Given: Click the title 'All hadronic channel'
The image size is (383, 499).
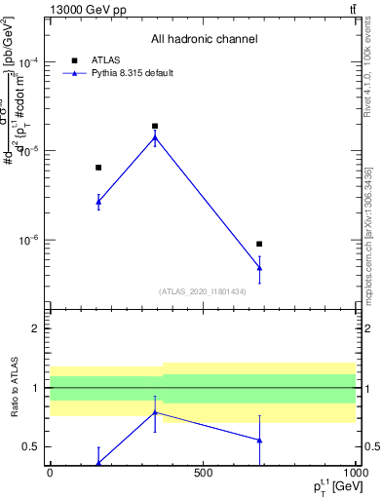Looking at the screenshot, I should coord(204,40).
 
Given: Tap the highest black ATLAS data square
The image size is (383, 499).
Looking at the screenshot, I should coord(155,126).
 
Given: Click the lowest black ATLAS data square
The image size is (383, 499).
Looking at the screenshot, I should coord(259,244).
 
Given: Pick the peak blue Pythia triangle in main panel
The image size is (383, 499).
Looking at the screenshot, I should coord(155,137).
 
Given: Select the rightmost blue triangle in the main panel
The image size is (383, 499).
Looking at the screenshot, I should coord(259,267).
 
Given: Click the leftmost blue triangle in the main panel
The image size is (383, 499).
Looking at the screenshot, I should coord(98,202).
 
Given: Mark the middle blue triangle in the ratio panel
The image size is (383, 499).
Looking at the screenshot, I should coord(155,412).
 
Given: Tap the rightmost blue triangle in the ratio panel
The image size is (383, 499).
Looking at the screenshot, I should coord(259,440).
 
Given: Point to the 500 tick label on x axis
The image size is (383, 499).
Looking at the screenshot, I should coord(203,473).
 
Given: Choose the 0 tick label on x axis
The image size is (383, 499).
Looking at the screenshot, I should coord(50,473).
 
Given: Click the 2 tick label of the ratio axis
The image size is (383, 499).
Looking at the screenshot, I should coord(36,328).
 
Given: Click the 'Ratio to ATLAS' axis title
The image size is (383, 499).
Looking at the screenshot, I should coord(14,387).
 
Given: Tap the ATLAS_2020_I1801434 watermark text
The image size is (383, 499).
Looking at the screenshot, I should coord(203,291).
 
